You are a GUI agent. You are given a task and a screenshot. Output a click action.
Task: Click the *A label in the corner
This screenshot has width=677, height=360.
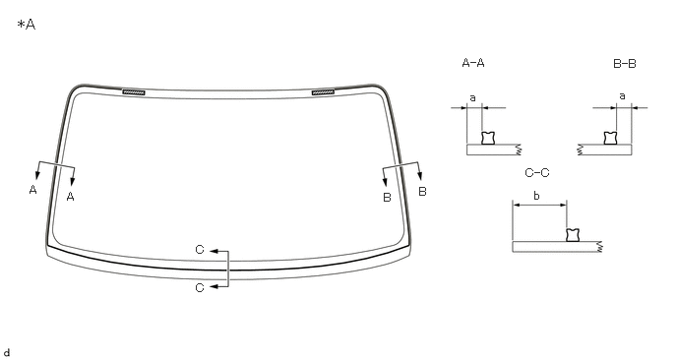pos(27,25)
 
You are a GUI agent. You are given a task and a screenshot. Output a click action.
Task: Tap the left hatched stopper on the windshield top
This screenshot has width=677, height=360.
pos(134,92)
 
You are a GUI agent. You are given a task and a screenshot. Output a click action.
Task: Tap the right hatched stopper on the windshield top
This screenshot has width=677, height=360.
pos(324,92)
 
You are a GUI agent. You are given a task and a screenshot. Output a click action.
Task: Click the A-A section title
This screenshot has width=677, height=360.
pos(473,63)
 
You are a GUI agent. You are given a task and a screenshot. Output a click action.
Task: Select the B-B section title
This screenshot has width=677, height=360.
pos(624,64)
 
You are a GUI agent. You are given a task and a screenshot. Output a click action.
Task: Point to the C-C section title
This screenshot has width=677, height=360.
pos(537,173)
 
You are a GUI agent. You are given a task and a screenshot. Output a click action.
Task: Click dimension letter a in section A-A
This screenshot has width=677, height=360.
pos(472,98)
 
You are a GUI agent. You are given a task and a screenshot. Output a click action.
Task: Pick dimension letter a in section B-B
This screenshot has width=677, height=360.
pos(622,96)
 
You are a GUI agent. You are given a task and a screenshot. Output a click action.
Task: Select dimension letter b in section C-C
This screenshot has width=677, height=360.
pos(536,196)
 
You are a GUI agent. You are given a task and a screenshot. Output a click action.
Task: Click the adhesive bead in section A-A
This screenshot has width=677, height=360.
pos(488,138)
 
